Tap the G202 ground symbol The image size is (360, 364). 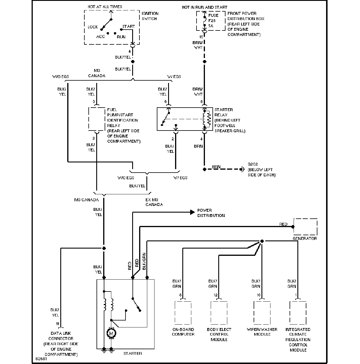(242, 169)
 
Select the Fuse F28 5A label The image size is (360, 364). (213, 21)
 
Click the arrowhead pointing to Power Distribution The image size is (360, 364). (192, 212)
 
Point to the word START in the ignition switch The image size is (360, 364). (129, 26)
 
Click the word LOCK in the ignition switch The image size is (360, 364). (93, 27)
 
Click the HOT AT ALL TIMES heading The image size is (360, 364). (105, 7)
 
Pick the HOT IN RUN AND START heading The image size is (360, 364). (204, 7)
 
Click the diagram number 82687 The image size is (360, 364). (41, 359)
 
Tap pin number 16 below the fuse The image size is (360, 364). (201, 37)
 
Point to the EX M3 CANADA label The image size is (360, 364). (154, 202)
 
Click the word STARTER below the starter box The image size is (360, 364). (132, 354)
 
